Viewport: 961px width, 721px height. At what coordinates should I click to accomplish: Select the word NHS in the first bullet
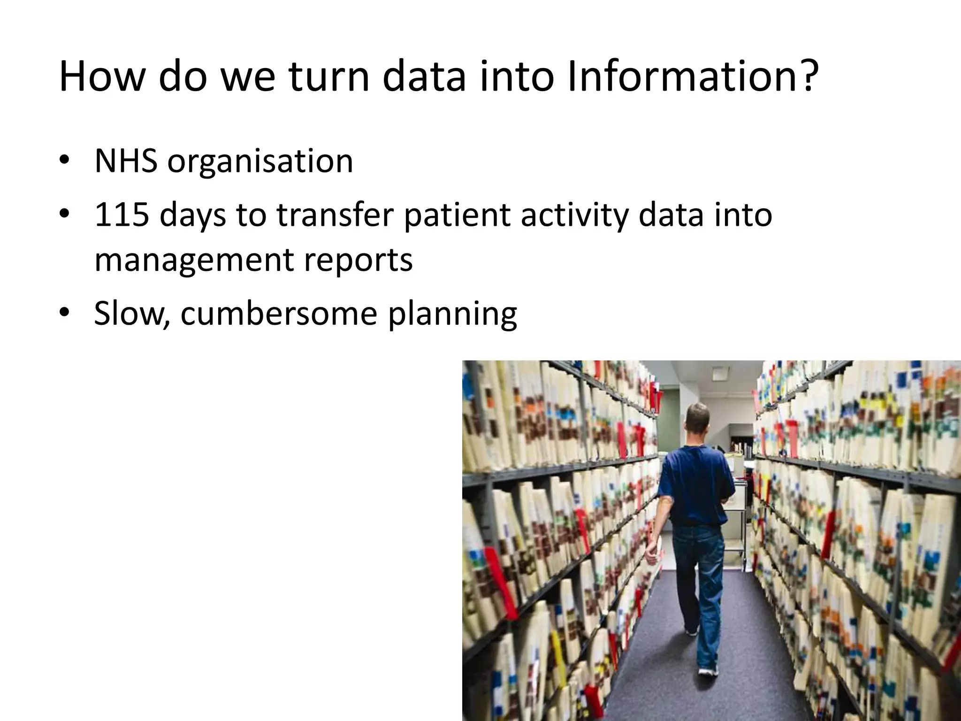(x=126, y=161)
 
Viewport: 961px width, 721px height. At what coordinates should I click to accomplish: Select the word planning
(x=452, y=314)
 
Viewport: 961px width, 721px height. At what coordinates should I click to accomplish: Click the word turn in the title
(x=328, y=76)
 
